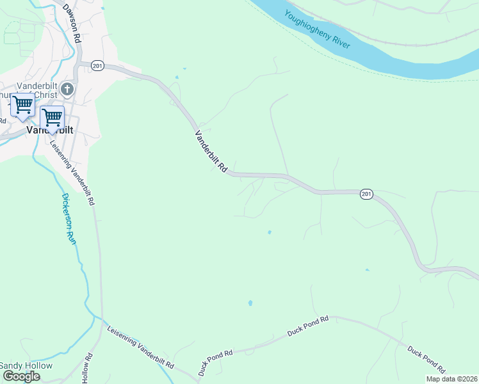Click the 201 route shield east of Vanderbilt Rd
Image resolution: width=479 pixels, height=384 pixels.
[x=366, y=194]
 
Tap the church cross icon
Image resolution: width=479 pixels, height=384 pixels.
[x=68, y=89]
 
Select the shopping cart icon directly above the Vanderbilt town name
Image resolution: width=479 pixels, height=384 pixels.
[x=52, y=117]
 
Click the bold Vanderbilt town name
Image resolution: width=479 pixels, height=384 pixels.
[x=49, y=129]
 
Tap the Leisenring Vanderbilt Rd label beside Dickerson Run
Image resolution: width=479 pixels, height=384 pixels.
[x=72, y=171]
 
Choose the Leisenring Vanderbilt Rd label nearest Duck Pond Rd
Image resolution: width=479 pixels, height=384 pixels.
[x=141, y=346]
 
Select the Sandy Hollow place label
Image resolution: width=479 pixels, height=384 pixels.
[x=26, y=365]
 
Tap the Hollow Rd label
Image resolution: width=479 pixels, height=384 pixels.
[x=88, y=370]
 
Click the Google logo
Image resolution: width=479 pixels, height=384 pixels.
[x=21, y=376]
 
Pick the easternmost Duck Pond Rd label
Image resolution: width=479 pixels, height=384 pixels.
[x=426, y=359]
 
